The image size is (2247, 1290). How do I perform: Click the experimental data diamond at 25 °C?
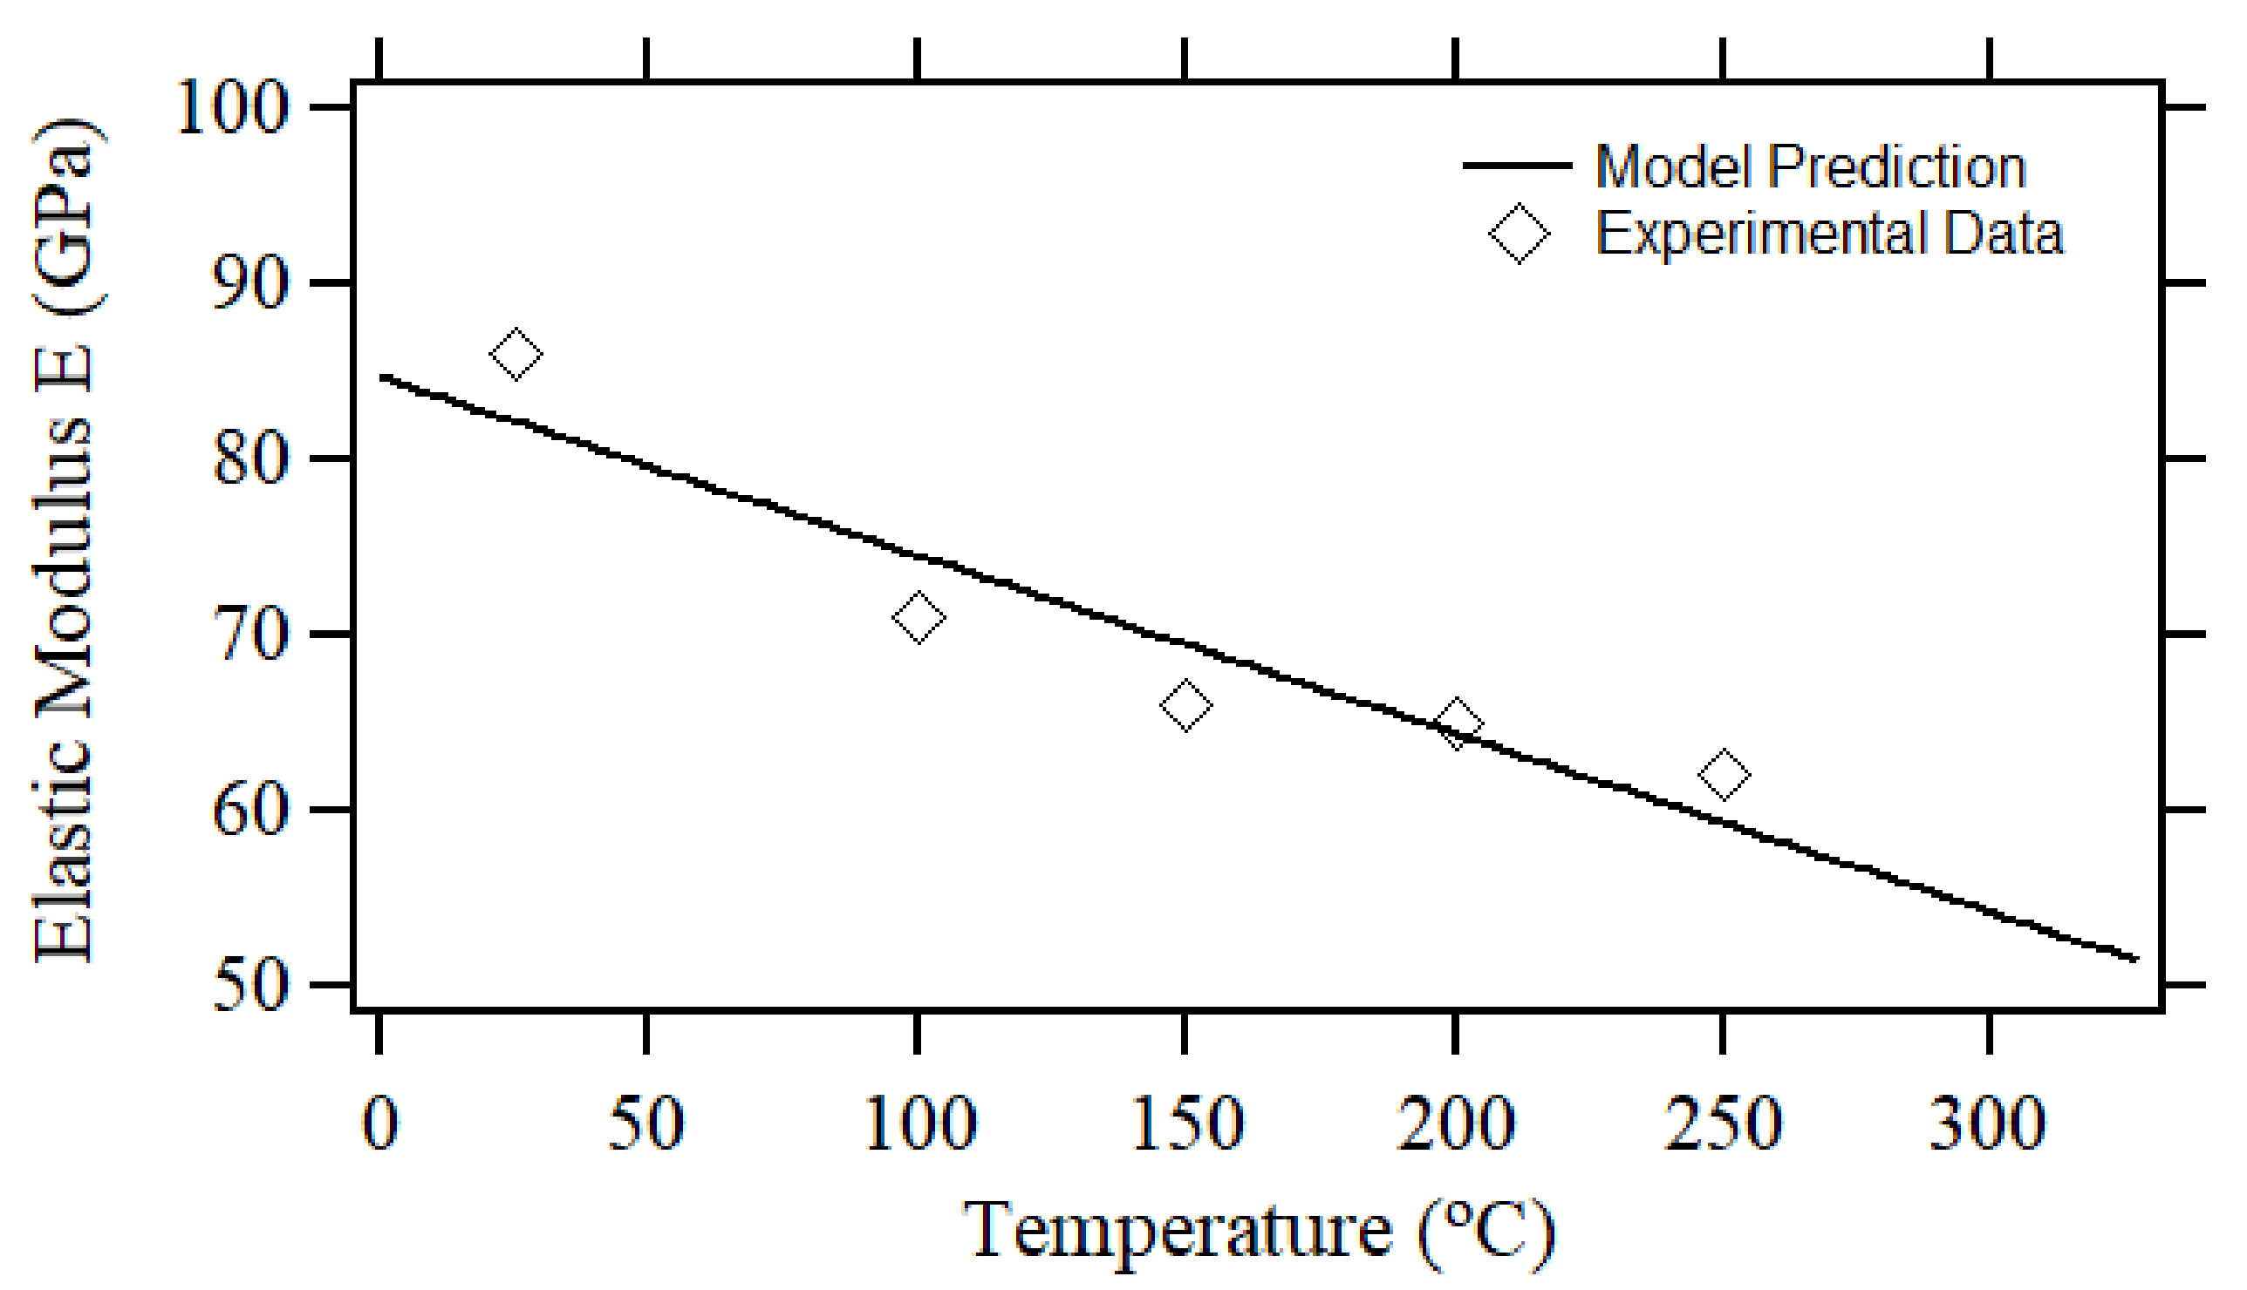point(516,354)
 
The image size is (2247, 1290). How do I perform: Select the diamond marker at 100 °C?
point(919,616)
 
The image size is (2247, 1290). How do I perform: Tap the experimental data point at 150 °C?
point(1186,705)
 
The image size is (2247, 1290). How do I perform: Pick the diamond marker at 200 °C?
point(1456,723)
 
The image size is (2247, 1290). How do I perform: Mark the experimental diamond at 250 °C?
point(1724,773)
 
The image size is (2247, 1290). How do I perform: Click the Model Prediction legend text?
point(1810,166)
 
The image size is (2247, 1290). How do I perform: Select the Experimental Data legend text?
point(1829,234)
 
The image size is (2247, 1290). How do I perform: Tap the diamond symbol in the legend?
point(1520,234)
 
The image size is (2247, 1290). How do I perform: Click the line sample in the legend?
point(1517,166)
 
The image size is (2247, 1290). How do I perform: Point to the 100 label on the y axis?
point(233,109)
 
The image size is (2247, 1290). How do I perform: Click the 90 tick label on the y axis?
point(251,283)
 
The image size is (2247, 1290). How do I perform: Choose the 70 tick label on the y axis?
point(251,635)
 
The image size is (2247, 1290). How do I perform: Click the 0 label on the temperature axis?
point(380,1124)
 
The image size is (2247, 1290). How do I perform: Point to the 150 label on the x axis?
point(1186,1124)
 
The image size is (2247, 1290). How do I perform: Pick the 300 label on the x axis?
point(1989,1124)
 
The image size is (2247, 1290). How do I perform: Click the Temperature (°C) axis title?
point(1259,1232)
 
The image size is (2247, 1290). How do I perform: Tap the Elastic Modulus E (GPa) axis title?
point(64,540)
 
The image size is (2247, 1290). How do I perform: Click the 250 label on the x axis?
point(1723,1124)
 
